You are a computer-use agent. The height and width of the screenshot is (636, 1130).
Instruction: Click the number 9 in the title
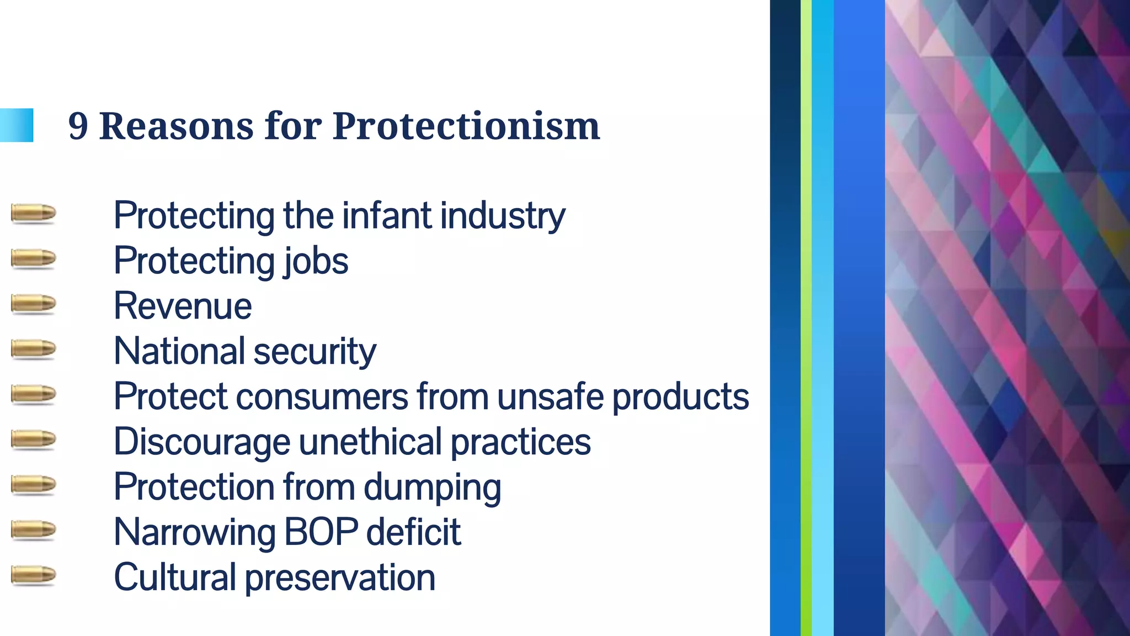coord(78,126)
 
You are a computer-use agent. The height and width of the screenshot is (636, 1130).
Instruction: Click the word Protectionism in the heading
coord(466,126)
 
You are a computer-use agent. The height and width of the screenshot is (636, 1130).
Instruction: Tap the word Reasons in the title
coord(176,126)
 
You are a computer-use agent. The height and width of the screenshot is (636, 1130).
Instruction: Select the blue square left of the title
coord(17,125)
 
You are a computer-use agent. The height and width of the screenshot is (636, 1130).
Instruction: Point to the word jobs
coord(316,261)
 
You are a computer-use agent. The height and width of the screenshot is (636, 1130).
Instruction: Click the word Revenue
coord(183,306)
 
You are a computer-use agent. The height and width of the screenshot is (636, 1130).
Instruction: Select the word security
coord(315,352)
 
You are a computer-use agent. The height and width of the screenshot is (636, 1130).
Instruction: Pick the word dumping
coord(432,488)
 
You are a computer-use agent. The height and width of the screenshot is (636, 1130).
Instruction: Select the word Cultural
coord(175,577)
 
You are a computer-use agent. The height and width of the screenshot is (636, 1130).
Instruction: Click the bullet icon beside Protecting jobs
coord(33,258)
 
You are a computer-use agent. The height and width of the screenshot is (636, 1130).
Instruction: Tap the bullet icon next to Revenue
coord(33,304)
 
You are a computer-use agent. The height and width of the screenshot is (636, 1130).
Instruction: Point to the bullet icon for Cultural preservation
coord(33,575)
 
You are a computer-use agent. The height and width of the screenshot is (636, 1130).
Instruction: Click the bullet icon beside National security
coord(33,349)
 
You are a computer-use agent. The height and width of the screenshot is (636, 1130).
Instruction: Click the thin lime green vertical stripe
coord(806,318)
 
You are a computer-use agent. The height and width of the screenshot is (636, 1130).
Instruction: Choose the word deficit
coord(413,532)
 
